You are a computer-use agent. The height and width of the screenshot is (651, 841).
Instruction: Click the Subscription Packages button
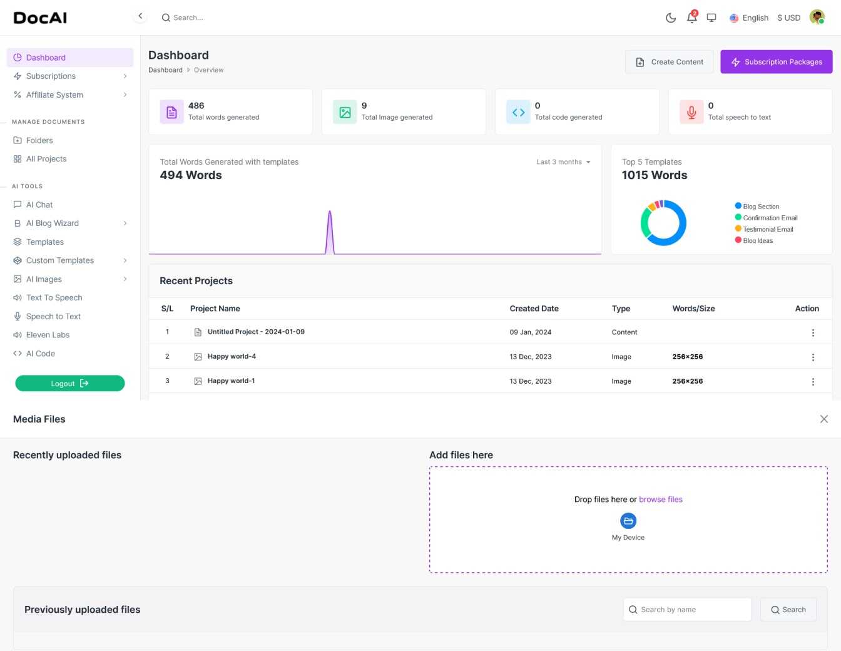(x=776, y=61)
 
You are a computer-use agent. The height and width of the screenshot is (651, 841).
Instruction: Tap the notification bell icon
(x=691, y=18)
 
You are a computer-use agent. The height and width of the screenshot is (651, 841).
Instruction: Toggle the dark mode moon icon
(x=670, y=18)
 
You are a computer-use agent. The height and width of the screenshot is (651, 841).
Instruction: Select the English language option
(x=748, y=18)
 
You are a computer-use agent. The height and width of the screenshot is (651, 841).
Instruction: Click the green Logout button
(x=69, y=383)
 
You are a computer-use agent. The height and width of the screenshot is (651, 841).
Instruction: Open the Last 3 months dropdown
(x=563, y=161)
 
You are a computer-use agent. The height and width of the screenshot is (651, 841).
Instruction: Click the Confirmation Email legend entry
(x=766, y=218)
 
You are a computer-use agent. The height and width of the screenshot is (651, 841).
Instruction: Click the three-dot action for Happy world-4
(x=813, y=357)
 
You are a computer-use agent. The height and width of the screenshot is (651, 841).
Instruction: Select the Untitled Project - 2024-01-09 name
(x=256, y=332)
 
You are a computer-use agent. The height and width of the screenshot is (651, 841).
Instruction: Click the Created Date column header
(x=534, y=309)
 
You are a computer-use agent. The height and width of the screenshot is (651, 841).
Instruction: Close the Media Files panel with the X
(x=823, y=419)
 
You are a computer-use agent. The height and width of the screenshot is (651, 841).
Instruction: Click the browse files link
(x=660, y=500)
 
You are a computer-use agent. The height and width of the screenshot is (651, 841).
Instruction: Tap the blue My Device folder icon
(x=628, y=521)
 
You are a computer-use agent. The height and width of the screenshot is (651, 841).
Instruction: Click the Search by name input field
(x=687, y=610)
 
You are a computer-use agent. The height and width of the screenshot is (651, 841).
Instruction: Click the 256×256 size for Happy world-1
(x=687, y=381)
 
